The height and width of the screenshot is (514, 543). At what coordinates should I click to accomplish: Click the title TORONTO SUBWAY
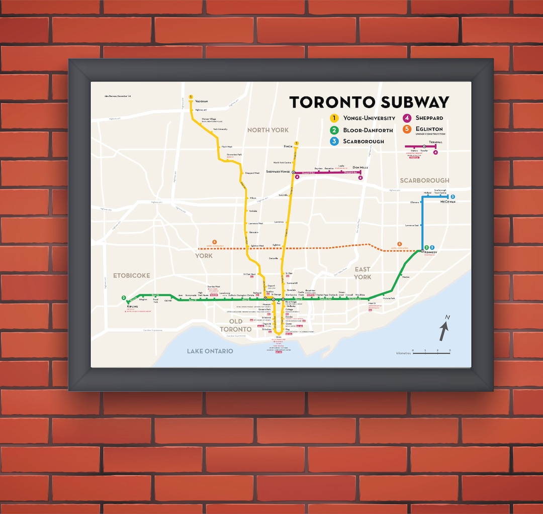click(x=369, y=102)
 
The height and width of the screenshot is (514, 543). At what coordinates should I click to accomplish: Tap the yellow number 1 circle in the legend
click(x=333, y=119)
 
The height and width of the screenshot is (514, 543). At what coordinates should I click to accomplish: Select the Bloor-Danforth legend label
click(x=368, y=130)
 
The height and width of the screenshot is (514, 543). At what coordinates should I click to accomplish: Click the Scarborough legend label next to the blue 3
click(x=364, y=141)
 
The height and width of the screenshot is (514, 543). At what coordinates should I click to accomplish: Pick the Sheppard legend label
click(x=428, y=119)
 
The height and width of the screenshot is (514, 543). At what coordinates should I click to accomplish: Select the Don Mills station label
click(x=360, y=167)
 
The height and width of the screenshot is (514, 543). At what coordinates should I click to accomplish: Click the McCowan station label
click(x=447, y=201)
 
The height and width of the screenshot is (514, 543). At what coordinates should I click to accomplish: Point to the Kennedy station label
click(x=431, y=252)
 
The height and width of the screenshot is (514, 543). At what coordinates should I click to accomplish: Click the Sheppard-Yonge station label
click(x=278, y=172)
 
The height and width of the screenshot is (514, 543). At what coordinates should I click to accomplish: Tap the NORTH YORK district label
click(x=268, y=130)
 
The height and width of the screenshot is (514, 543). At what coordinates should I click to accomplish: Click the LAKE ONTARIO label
click(x=210, y=351)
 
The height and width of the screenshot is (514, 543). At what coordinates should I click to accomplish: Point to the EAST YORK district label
click(x=363, y=273)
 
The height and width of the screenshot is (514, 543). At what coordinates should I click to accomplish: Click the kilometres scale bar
click(x=431, y=353)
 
